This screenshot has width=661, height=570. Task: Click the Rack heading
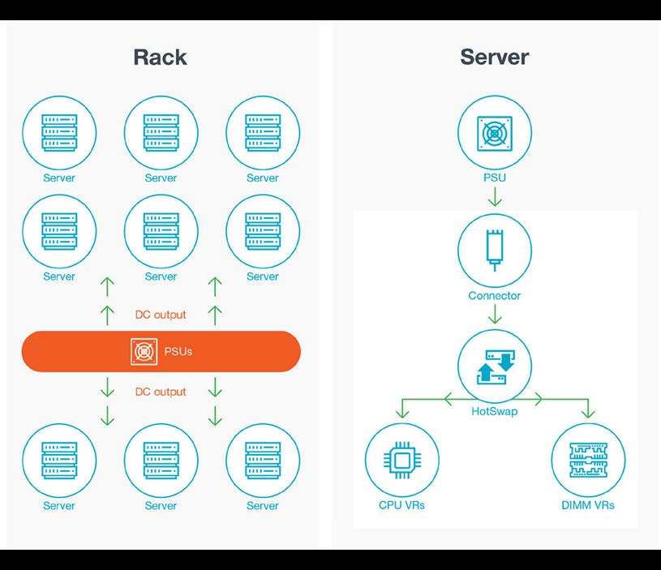(161, 57)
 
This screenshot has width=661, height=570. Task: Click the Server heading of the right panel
(494, 57)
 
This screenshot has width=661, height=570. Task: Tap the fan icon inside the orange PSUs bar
(144, 352)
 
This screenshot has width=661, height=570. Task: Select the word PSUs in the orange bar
(178, 352)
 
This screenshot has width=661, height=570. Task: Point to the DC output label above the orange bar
(161, 315)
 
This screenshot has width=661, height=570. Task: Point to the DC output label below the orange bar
(161, 392)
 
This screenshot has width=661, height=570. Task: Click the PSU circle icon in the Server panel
(495, 131)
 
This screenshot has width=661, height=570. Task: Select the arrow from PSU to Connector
(495, 198)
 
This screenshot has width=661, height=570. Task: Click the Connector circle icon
(495, 250)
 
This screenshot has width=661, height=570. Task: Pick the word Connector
(495, 295)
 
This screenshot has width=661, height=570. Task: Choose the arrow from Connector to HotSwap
(495, 315)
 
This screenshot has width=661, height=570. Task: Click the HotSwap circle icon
(495, 367)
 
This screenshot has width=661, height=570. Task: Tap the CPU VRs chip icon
(402, 460)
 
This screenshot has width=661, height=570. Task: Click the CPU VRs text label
(402, 505)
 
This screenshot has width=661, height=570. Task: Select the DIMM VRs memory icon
(588, 460)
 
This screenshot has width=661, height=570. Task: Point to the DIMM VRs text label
(588, 505)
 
